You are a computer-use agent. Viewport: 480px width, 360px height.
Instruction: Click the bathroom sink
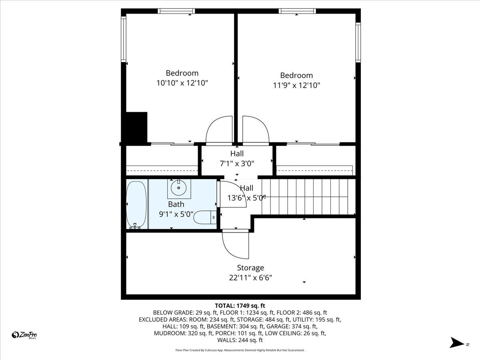pos(179,187)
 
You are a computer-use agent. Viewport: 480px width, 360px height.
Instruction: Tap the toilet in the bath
pos(203,218)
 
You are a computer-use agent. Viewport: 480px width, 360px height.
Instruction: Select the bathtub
pos(136,204)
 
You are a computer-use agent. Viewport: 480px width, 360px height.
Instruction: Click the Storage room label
pos(250,268)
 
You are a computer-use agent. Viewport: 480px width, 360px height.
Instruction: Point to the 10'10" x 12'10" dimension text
pos(182,83)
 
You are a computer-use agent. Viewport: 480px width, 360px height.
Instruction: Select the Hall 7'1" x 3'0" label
pos(237,158)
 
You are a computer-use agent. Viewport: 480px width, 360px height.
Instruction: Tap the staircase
pos(308,196)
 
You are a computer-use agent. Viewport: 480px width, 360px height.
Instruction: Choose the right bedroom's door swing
pos(255,130)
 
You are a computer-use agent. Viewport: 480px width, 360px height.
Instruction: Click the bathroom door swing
pos(232,194)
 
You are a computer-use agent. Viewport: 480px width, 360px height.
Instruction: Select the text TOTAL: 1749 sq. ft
pos(240,306)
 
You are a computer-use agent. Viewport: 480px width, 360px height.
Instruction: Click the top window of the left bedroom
pos(176,11)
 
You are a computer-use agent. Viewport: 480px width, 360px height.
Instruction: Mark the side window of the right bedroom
pos(358,42)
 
